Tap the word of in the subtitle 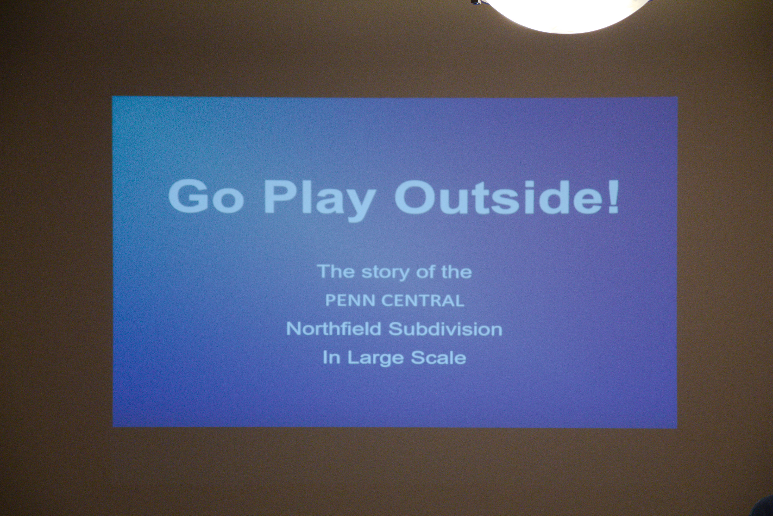tap(426, 272)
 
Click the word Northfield tap(334, 329)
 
